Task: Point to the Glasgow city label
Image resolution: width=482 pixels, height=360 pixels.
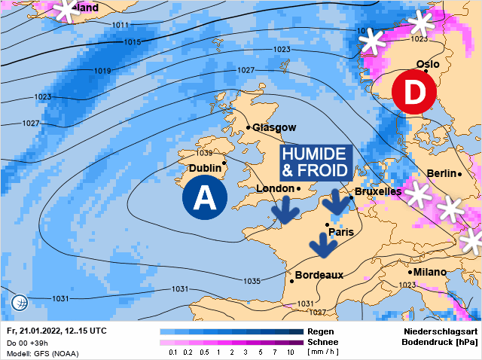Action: [274, 127]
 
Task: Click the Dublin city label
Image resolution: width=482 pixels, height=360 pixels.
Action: [205, 168]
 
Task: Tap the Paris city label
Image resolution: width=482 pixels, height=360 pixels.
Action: [340, 232]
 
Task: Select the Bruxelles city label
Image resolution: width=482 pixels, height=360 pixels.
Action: [377, 191]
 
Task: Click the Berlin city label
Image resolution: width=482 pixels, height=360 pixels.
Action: [441, 173]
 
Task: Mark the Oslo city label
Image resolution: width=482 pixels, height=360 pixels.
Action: [427, 64]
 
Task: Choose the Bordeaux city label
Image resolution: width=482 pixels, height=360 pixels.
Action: [319, 275]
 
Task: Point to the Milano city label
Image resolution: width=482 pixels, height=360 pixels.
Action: [429, 271]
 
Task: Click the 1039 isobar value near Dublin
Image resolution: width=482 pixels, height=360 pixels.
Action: [203, 153]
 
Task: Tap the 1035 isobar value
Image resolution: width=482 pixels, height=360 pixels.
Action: [252, 281]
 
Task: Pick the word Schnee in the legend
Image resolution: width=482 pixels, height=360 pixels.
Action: [324, 342]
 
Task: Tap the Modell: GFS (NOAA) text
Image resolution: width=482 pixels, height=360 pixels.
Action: [42, 353]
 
